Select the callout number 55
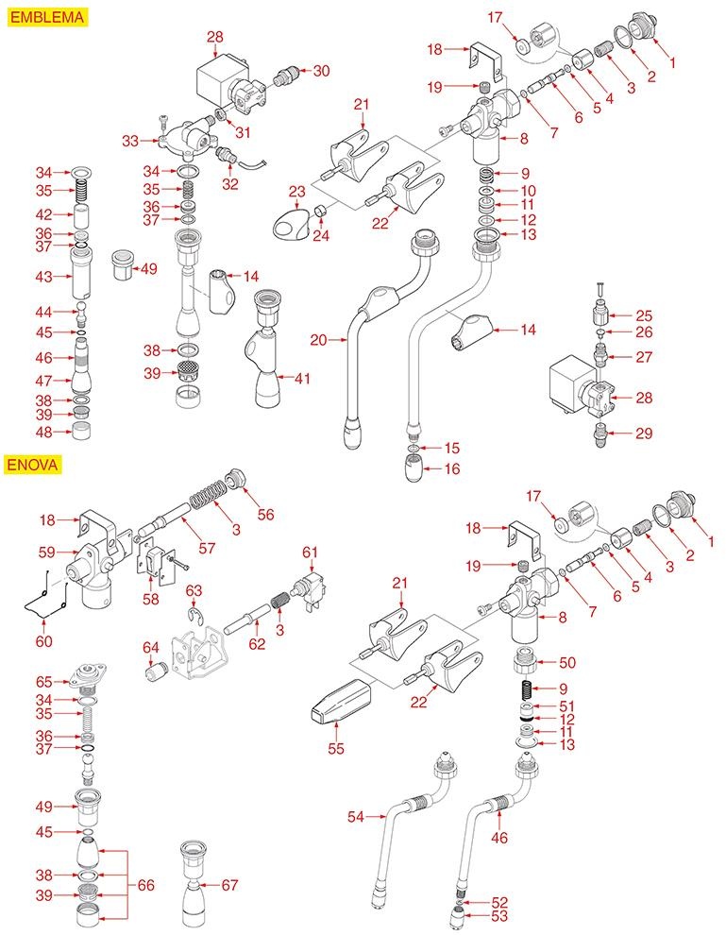(334, 749)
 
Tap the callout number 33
(130, 141)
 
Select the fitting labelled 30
(284, 72)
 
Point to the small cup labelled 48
(80, 433)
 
